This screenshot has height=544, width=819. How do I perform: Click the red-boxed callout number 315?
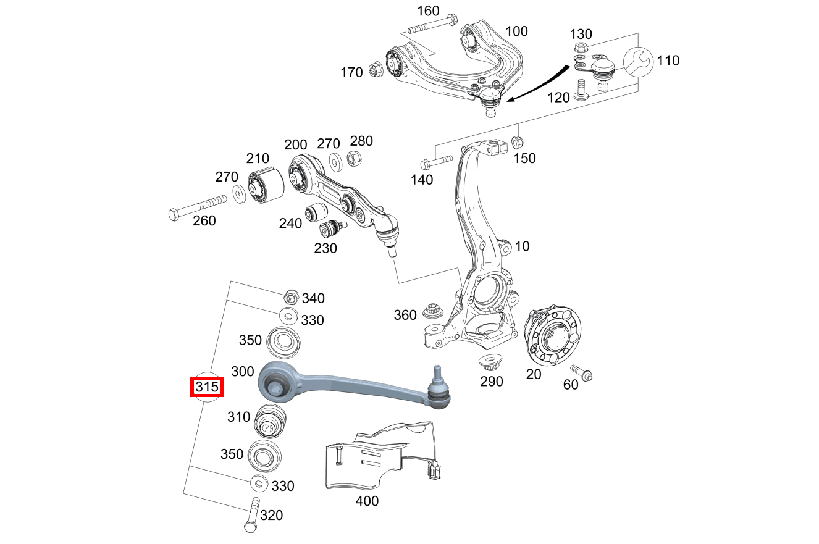click(207, 387)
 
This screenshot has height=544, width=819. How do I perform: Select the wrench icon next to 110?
click(636, 62)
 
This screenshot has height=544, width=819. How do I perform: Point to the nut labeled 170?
click(375, 69)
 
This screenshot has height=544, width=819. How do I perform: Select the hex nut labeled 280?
click(355, 159)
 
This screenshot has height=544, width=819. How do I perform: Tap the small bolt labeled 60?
click(582, 373)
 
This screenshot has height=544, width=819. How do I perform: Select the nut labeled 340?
click(292, 297)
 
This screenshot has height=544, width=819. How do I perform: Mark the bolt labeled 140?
click(436, 164)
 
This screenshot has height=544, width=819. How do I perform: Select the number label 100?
click(517, 31)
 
